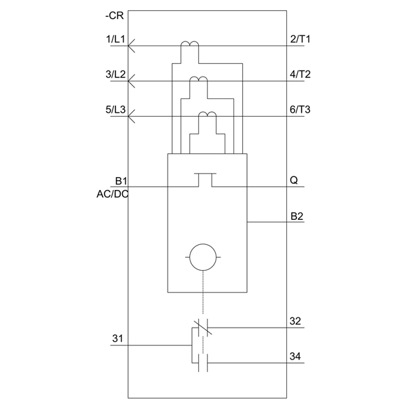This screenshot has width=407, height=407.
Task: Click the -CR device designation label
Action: (x=115, y=16)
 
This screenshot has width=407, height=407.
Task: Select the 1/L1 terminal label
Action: (x=115, y=39)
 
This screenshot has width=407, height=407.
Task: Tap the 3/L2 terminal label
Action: (x=115, y=75)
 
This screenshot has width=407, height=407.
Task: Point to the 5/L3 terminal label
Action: (x=115, y=110)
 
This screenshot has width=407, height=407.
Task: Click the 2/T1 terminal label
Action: (x=300, y=39)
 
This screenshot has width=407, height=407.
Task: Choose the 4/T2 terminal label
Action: (x=300, y=75)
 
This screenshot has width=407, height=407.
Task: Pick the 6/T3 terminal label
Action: (x=300, y=110)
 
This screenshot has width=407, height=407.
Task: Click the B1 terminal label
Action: (x=121, y=181)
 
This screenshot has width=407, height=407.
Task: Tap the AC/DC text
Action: (x=113, y=194)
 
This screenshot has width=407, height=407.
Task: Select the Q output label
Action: (x=294, y=180)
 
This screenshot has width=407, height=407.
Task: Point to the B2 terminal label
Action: (x=296, y=216)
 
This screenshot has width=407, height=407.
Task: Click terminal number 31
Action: (x=117, y=338)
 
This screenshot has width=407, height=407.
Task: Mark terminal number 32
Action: (x=295, y=321)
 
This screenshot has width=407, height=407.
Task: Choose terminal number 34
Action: (x=295, y=356)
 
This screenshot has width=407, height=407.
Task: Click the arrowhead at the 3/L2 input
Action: (x=132, y=81)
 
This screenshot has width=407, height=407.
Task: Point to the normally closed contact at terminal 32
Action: (x=203, y=328)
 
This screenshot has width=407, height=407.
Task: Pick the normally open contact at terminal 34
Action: (x=203, y=363)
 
